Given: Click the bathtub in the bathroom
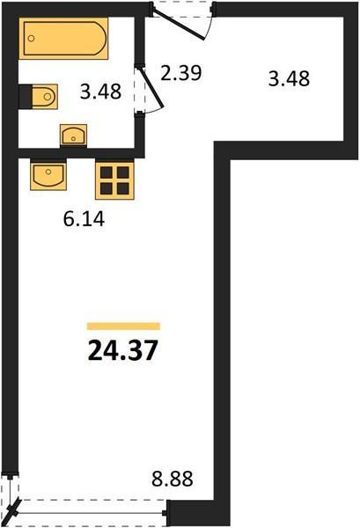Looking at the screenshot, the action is pos(63,39).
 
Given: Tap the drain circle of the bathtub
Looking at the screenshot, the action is pos(32,39).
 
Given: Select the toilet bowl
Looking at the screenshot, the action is pos(45,97).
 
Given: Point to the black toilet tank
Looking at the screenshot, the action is pos(26,97).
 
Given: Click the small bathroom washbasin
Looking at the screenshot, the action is pos(73,136).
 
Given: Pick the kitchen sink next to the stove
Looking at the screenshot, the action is pos(48,174).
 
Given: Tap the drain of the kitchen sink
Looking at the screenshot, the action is pos(48,172).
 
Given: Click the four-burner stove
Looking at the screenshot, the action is pos(114,180).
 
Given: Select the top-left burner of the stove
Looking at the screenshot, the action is pos(107,172).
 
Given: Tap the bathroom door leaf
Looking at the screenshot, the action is pos(151,87).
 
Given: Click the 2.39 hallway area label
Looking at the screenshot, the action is pos(181,73).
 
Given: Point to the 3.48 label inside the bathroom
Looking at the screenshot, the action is pos(100,92).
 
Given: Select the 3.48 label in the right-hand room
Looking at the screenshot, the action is pos(289,79).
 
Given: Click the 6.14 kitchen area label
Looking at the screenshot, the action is pos(84,219).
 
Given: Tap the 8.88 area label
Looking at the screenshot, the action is pos(173,479).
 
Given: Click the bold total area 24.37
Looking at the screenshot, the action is pos(122,350).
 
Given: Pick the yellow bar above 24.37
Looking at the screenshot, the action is pos(123,326).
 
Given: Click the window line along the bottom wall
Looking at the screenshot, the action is pos(91,513).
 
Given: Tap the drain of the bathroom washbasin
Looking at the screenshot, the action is pos(73,138).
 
